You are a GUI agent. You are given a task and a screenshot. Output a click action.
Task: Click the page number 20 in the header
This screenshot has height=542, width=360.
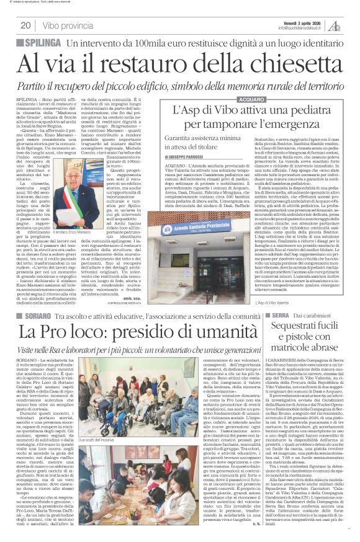point(25,25)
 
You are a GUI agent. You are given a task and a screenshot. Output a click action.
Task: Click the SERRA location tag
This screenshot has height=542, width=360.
point(273,316)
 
